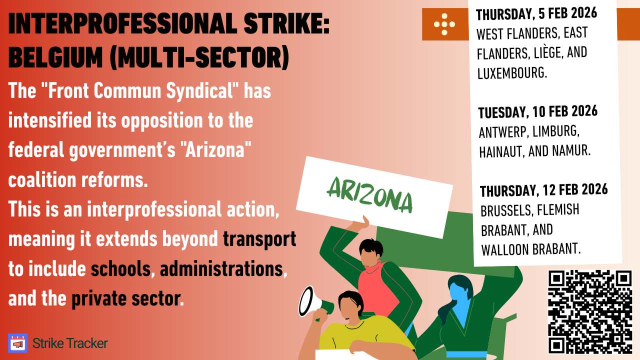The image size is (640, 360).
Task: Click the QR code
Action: pos(590,311)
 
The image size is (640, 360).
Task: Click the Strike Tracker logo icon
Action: pos(18,343)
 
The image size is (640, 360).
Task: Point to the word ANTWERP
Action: pos(502,133)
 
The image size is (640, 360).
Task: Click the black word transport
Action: pos(259,239)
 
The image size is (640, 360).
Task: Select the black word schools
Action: pos(120,269)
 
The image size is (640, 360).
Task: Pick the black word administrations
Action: pos(221,269)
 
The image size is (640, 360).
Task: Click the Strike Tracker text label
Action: pos(70,343)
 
